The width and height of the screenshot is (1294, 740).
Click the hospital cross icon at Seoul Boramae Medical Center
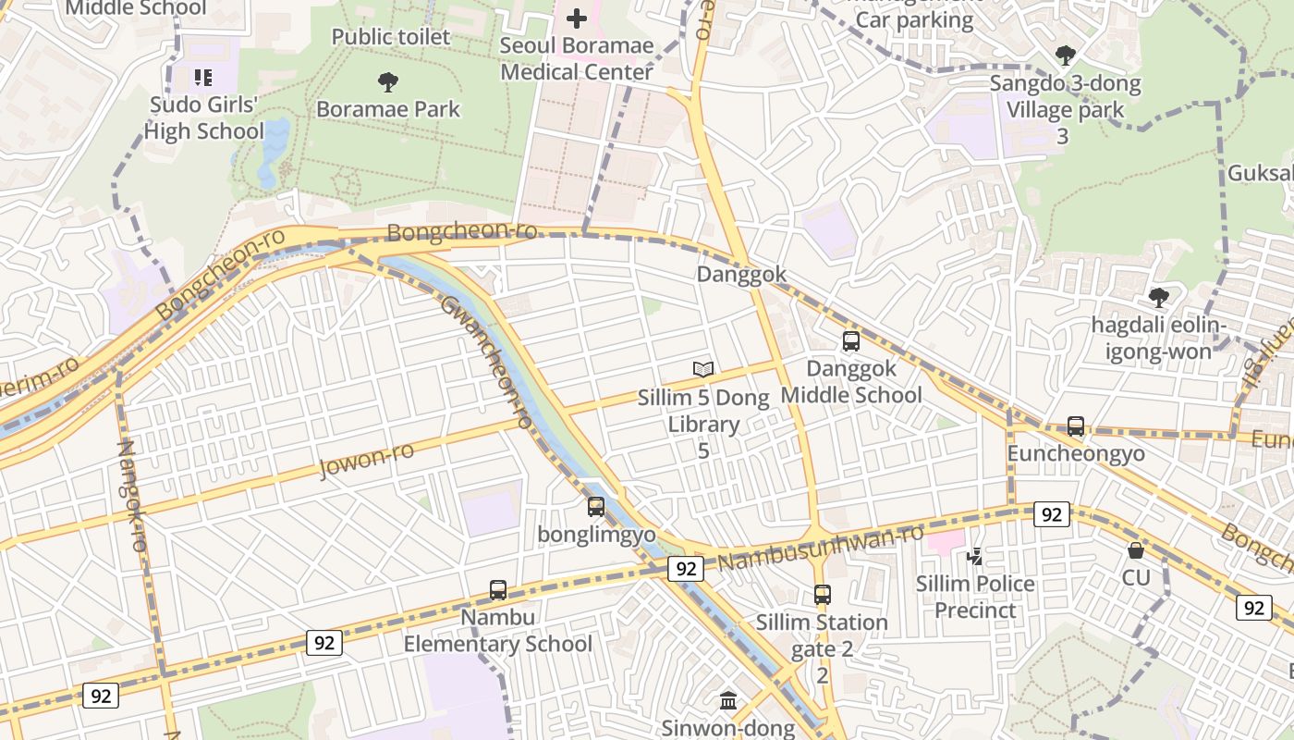click(577, 18)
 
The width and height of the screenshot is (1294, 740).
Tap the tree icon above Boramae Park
click(388, 81)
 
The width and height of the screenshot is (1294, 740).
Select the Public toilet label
click(391, 37)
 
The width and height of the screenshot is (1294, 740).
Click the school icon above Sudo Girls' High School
click(203, 77)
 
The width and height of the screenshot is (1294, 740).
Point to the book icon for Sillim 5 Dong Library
click(703, 369)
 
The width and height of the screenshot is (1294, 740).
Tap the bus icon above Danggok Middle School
click(851, 340)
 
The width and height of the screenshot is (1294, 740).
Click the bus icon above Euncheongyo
click(1076, 425)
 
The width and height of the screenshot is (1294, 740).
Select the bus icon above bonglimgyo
click(596, 506)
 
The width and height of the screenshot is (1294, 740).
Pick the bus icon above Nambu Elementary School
click(498, 589)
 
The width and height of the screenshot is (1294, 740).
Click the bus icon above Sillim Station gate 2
click(823, 595)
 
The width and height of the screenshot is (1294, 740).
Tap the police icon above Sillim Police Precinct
click(975, 556)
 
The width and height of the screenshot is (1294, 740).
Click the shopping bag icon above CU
click(1136, 550)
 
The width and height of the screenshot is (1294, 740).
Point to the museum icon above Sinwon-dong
click(728, 701)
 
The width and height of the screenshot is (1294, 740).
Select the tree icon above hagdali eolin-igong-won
click(1158, 297)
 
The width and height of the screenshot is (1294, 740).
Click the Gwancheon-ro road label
click(486, 362)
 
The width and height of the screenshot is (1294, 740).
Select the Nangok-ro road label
click(132, 496)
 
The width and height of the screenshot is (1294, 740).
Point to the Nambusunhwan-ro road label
click(821, 548)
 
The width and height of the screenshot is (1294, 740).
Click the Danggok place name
click(741, 275)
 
